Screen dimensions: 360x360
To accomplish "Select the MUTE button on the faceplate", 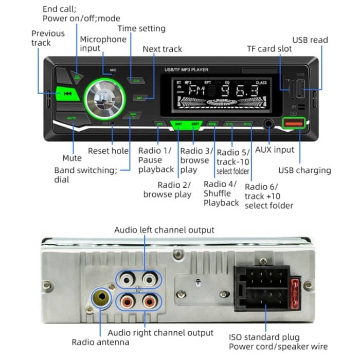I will point(72,119).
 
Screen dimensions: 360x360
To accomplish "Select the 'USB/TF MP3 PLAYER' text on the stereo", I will point(186,69).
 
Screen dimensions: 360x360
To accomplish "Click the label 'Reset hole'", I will point(108,151).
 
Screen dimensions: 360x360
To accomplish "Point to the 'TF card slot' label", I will point(269,48).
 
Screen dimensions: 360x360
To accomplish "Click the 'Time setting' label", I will point(141,28).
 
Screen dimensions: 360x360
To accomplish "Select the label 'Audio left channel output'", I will point(164,229).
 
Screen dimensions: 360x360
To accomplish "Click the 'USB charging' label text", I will point(304,170).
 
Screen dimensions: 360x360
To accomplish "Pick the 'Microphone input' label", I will point(103,44).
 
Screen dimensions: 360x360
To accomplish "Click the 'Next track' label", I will point(162,49).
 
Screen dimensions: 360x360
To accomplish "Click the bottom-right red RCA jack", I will point(150,300).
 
